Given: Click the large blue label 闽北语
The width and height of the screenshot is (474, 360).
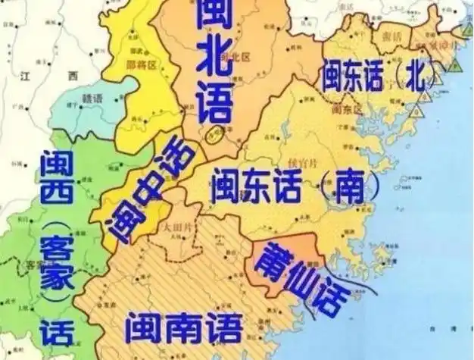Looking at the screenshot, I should [214, 64].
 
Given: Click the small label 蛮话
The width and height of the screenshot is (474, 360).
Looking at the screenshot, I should [391, 36].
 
